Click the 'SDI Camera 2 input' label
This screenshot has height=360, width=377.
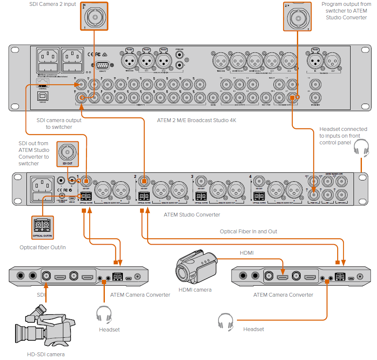tap(52, 4)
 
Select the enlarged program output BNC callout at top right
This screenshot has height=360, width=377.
tap(298, 16)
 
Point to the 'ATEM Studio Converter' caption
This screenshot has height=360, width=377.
tap(192, 214)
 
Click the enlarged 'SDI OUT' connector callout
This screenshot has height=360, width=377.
tap(67, 153)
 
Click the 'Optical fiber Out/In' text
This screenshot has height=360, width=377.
tap(43, 247)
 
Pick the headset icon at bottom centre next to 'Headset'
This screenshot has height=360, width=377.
tap(225, 321)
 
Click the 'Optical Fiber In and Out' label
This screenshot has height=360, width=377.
tap(248, 231)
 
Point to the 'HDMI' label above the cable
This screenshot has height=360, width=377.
tap(247, 253)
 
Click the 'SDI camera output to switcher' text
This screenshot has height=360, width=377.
tap(59, 123)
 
